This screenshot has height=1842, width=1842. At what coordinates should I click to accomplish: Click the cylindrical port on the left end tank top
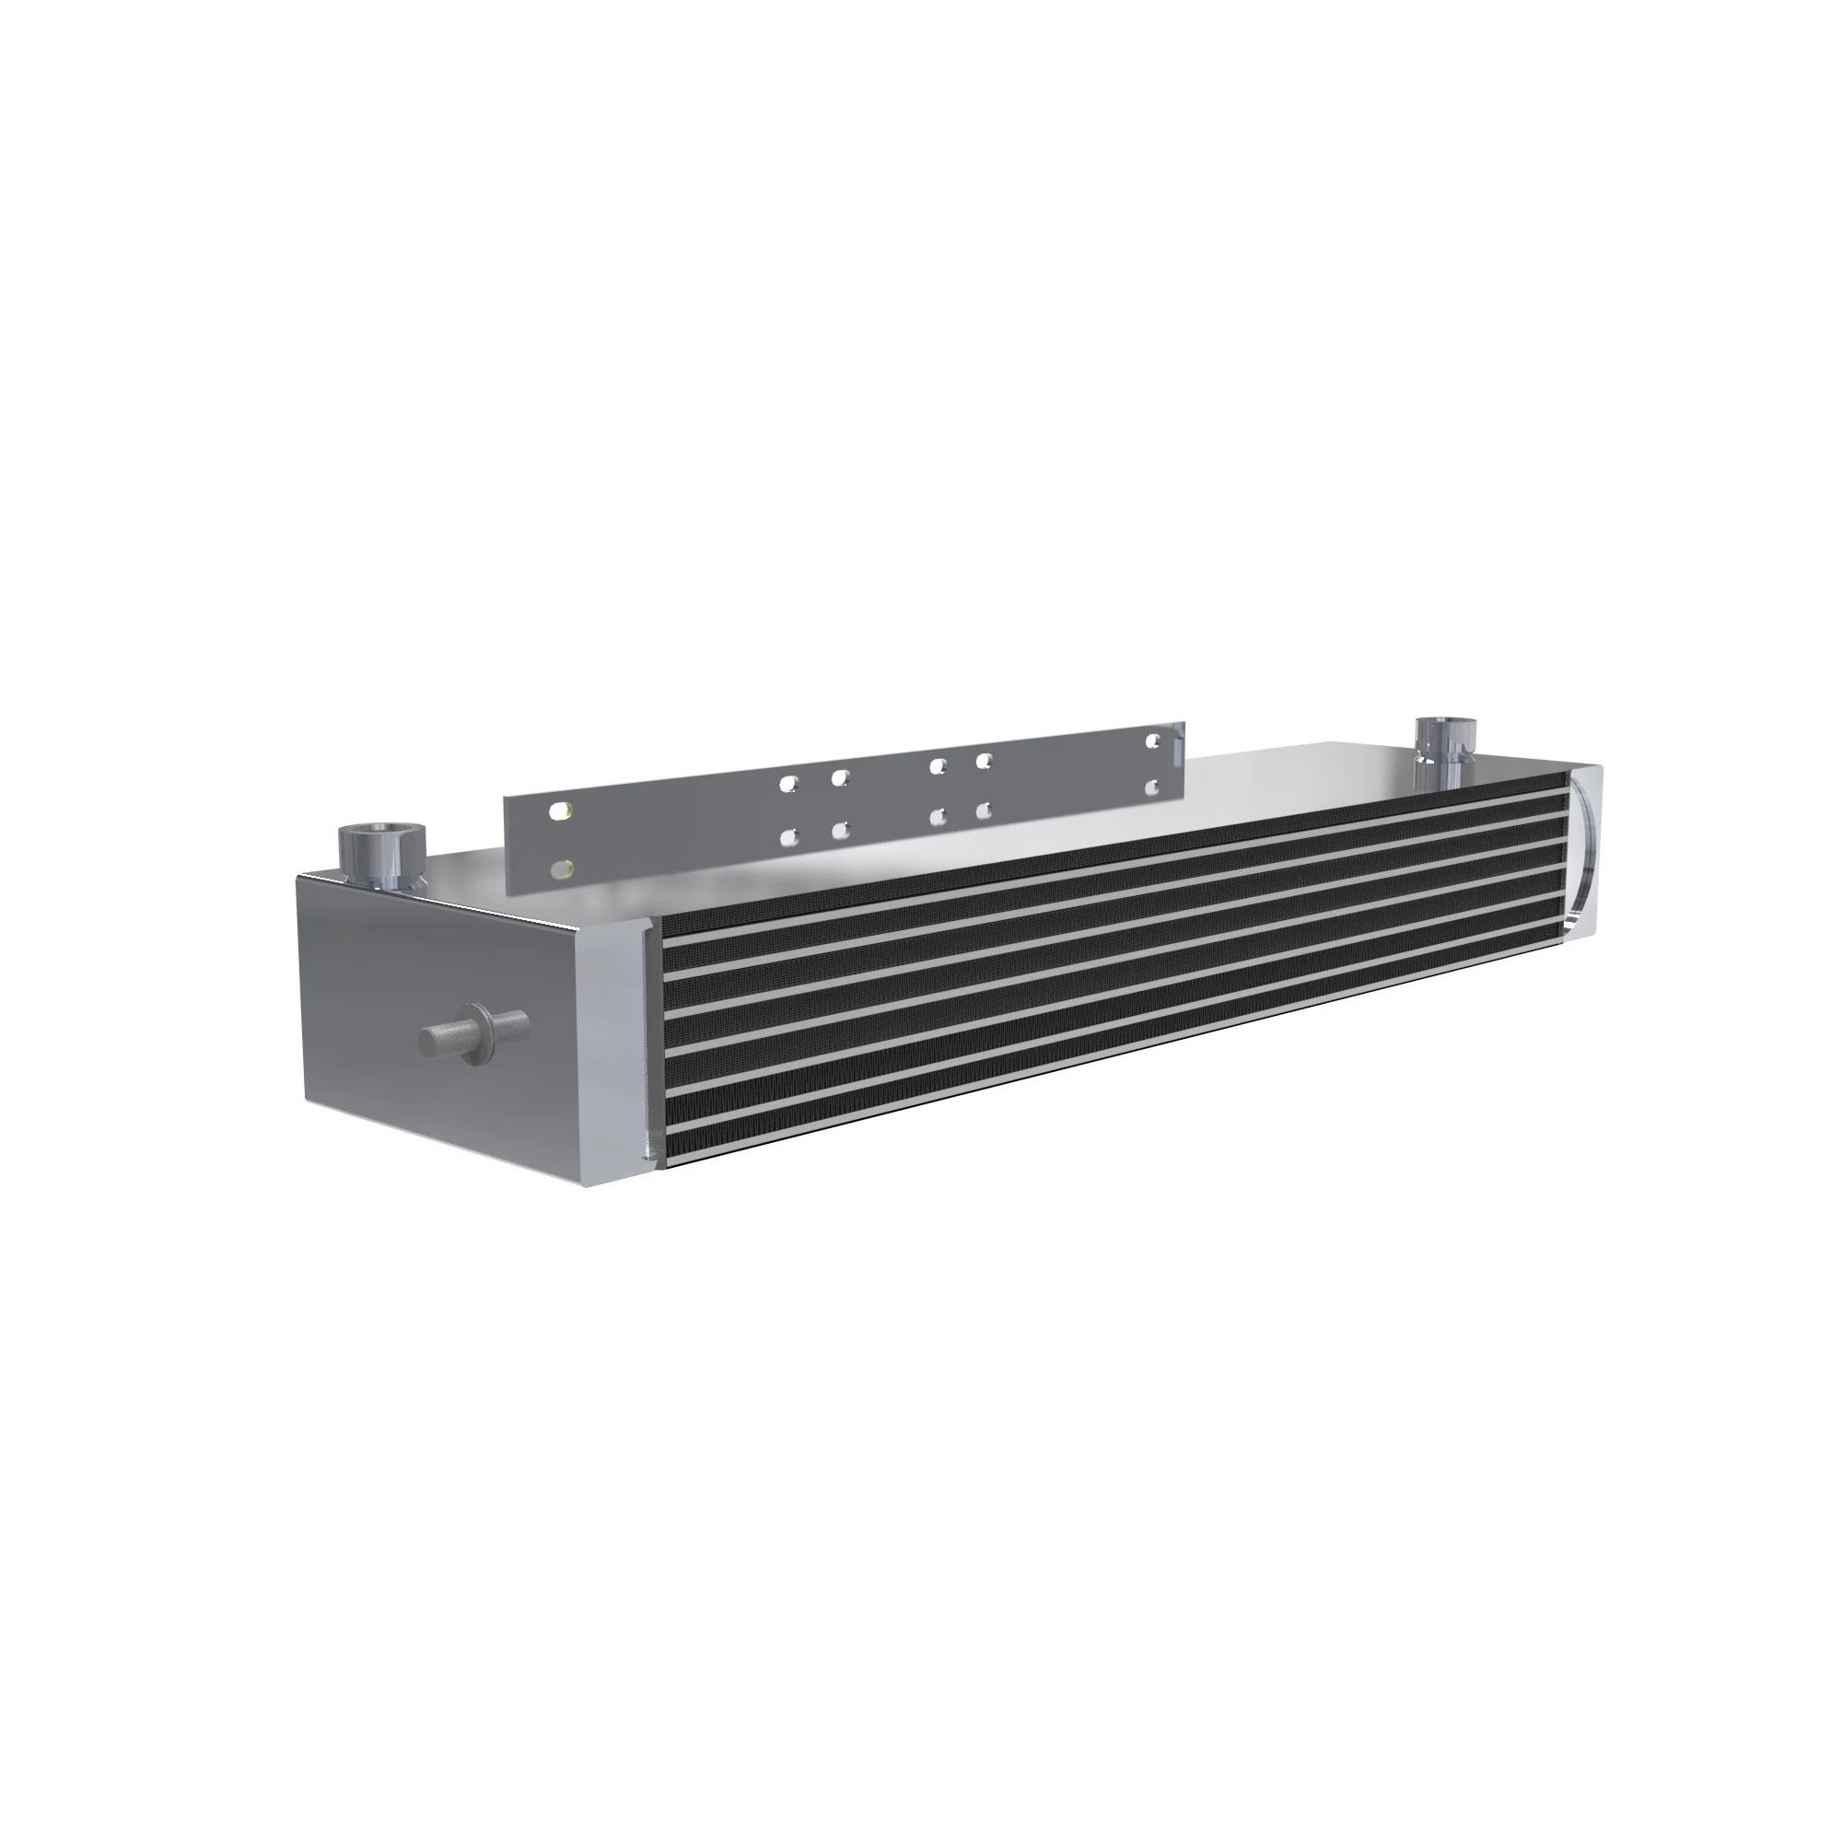tap(379, 854)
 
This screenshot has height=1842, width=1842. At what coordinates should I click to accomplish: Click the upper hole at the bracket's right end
tap(1154, 740)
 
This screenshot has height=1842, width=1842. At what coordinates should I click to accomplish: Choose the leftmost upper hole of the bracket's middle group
tap(787, 783)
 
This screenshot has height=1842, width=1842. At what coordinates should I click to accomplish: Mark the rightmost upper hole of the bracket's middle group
tap(985, 761)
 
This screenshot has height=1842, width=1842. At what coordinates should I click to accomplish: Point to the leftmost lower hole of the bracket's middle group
tap(787, 838)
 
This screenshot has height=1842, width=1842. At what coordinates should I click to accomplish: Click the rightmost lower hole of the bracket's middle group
tap(985, 810)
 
